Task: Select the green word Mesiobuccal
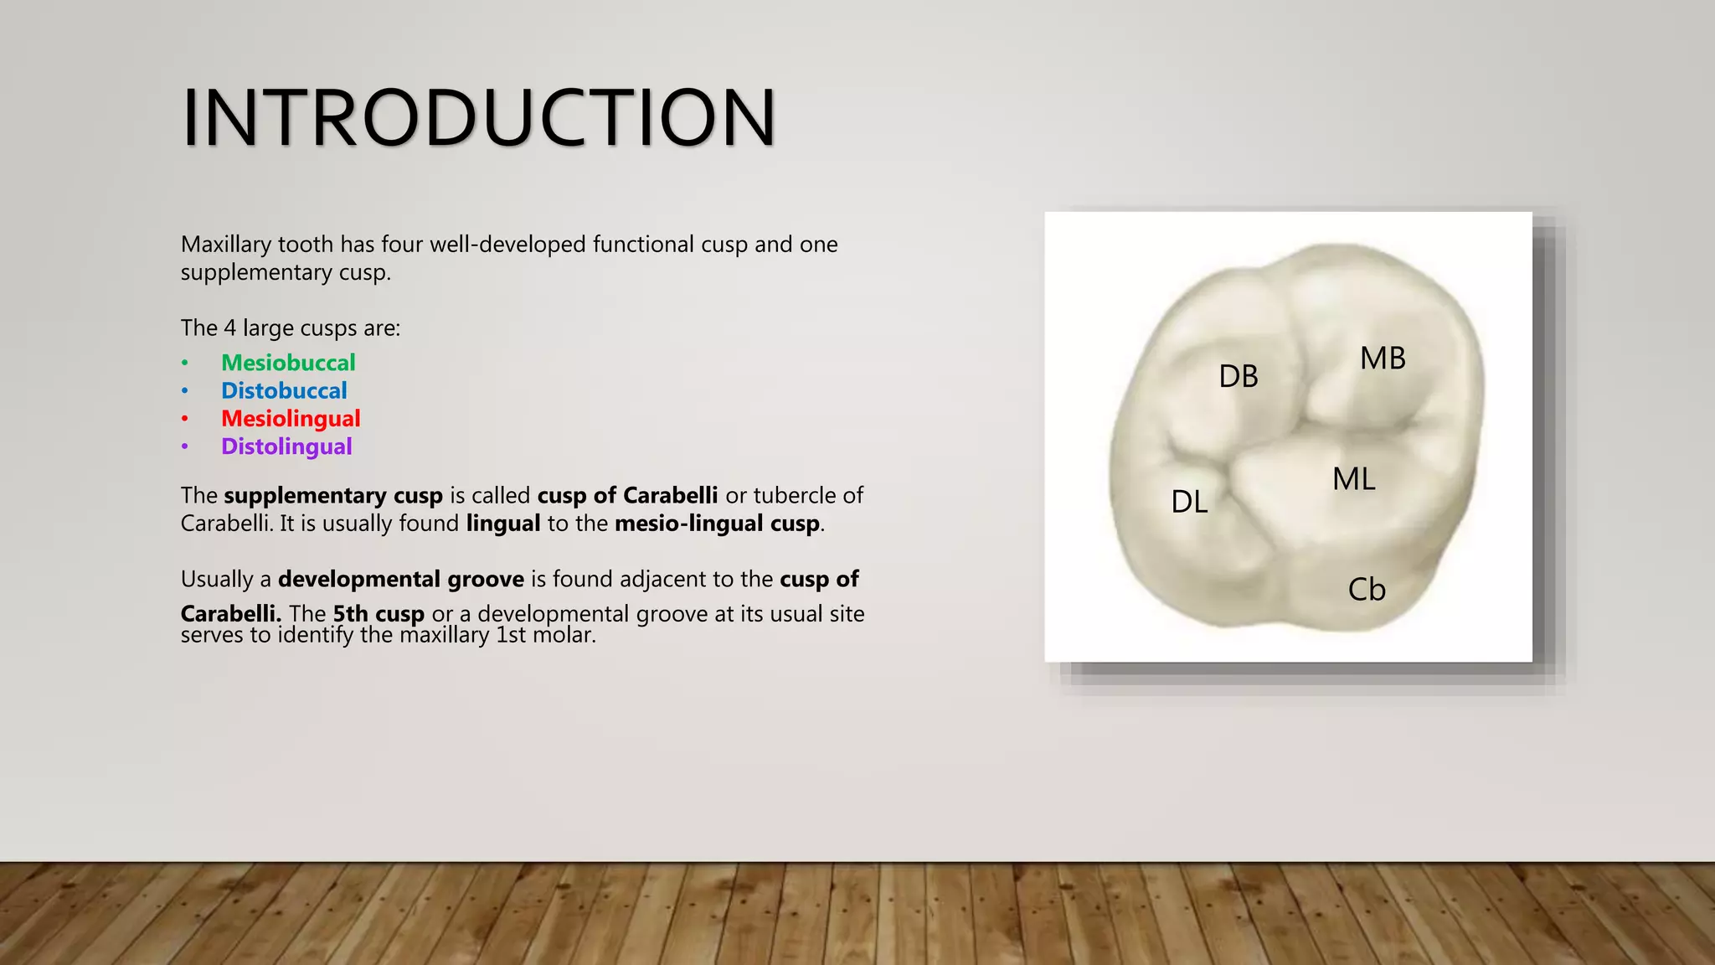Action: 288,363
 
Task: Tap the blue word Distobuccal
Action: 284,390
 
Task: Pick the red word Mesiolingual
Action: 291,418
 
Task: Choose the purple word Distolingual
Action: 286,446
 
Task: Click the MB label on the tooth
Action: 1383,359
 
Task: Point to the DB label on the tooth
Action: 1239,376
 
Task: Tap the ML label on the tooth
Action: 1354,479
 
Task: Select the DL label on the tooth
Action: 1189,502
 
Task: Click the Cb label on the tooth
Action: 1367,590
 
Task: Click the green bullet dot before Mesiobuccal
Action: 185,363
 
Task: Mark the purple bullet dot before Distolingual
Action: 185,446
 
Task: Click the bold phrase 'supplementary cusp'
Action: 333,496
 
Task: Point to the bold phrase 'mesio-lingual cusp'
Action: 717,524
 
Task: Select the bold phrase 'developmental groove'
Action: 400,580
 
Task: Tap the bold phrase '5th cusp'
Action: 379,614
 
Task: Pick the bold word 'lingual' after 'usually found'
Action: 503,524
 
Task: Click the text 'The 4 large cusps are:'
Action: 291,328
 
